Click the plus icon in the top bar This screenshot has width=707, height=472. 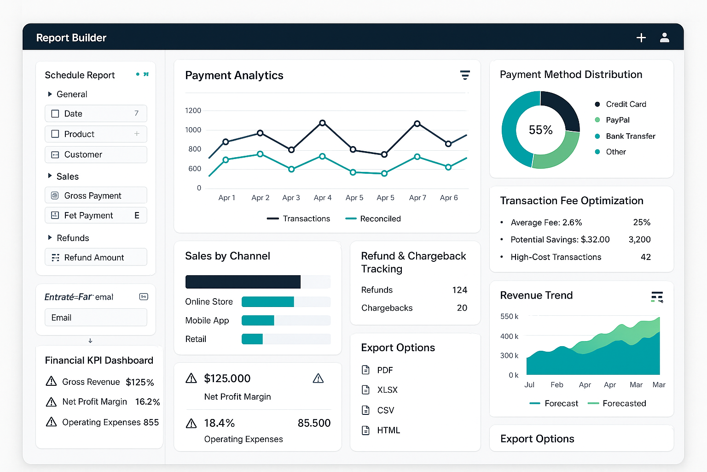pyautogui.click(x=641, y=38)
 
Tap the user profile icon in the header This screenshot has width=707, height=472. pyautogui.click(x=664, y=38)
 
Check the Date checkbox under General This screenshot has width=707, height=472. pyautogui.click(x=55, y=114)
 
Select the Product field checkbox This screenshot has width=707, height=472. pyautogui.click(x=55, y=134)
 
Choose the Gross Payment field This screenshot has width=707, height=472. pyautogui.click(x=96, y=195)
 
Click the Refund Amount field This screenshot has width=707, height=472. pyautogui.click(x=96, y=257)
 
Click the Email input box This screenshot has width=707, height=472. pyautogui.click(x=96, y=318)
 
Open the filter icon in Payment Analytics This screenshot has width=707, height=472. pyautogui.click(x=465, y=75)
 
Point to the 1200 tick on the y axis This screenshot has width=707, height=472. pyautogui.click(x=193, y=111)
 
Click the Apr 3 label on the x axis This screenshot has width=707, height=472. pyautogui.click(x=291, y=198)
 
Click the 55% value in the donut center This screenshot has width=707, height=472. pyautogui.click(x=540, y=130)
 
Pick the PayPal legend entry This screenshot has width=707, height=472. pyautogui.click(x=617, y=120)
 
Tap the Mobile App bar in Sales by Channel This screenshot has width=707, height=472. pyautogui.click(x=258, y=320)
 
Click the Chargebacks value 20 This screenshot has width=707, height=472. pyautogui.click(x=462, y=308)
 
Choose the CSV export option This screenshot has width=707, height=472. pyautogui.click(x=385, y=410)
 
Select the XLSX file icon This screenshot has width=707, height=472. pyautogui.click(x=366, y=390)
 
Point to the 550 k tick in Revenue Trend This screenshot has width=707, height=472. pyautogui.click(x=509, y=317)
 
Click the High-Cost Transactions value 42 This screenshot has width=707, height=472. pyautogui.click(x=645, y=257)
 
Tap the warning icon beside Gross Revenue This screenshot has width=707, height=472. pyautogui.click(x=51, y=382)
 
